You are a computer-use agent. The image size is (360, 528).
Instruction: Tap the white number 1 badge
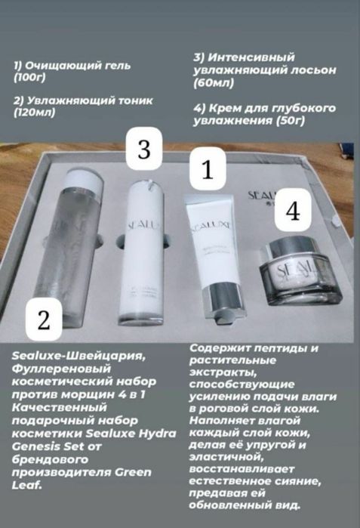(208, 168)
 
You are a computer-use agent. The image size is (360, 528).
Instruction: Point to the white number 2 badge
(44, 320)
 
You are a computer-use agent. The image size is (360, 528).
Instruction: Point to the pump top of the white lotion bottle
(149, 187)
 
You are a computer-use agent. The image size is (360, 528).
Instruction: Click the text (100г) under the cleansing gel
(30, 78)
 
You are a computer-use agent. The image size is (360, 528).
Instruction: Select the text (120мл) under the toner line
(35, 113)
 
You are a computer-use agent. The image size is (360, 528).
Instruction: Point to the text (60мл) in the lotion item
(214, 83)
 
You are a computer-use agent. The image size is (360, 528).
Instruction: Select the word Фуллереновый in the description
(61, 369)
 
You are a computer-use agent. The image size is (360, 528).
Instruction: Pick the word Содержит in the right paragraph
(217, 348)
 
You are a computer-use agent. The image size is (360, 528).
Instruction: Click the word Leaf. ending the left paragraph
(26, 485)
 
